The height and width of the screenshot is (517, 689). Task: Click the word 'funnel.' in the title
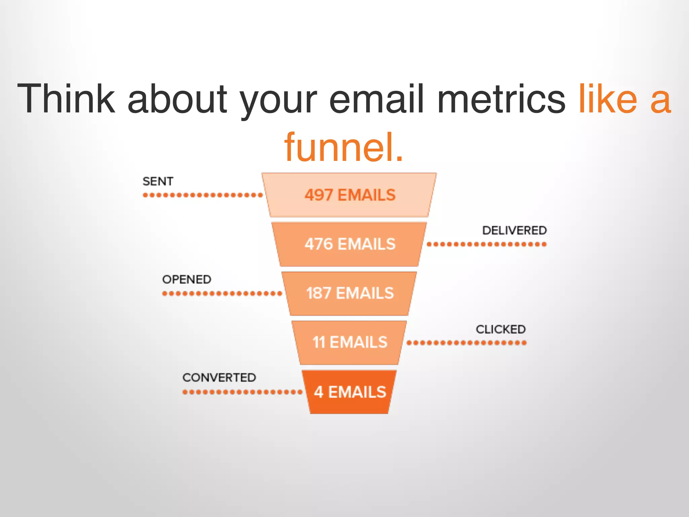click(x=343, y=147)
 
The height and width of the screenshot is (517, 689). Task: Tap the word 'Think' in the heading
click(x=66, y=99)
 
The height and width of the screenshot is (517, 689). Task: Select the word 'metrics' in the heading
click(x=501, y=99)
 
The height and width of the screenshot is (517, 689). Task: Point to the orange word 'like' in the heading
click(x=608, y=99)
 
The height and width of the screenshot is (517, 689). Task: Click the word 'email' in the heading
click(x=376, y=99)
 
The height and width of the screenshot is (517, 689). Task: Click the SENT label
click(x=158, y=181)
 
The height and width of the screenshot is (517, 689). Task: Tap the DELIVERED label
click(x=514, y=231)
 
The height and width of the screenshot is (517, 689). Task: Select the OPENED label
click(x=187, y=279)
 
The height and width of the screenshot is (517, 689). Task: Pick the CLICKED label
click(x=501, y=329)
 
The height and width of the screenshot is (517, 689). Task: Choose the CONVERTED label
click(x=219, y=378)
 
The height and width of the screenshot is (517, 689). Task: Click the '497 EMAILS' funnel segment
click(x=350, y=195)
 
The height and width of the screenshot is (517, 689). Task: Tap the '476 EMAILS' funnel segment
click(x=350, y=244)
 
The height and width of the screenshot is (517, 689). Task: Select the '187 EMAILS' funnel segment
click(x=350, y=293)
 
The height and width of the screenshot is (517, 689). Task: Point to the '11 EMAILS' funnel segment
click(x=350, y=342)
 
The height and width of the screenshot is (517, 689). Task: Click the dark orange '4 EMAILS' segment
click(x=350, y=392)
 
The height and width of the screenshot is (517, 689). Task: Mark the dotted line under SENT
click(x=203, y=195)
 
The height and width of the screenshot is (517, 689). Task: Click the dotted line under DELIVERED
click(x=486, y=244)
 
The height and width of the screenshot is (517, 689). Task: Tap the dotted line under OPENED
click(x=222, y=294)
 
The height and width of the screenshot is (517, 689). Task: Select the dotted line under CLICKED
click(x=466, y=343)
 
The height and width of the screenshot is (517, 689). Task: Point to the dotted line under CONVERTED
click(x=242, y=392)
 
